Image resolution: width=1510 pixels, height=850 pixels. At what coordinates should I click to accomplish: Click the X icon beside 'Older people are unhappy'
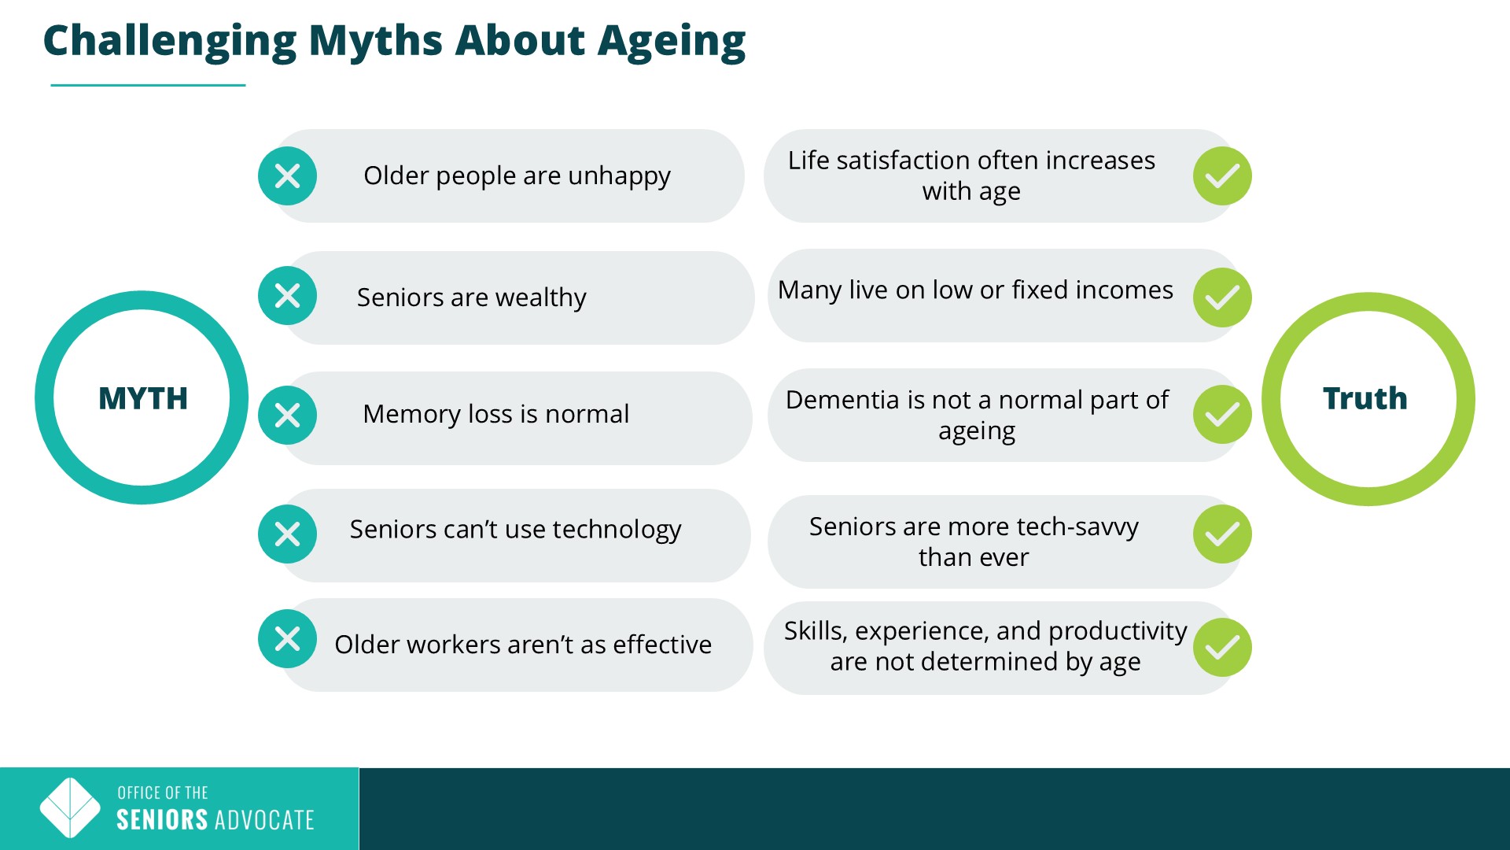coord(287,176)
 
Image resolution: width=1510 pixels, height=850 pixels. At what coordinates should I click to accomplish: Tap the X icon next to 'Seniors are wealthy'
coord(287,296)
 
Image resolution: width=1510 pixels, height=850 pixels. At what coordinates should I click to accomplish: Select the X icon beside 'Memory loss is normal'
coord(287,415)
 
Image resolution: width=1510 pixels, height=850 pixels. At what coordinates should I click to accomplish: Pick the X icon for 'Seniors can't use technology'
coord(287,534)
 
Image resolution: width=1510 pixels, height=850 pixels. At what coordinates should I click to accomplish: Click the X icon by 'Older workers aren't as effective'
coord(287,639)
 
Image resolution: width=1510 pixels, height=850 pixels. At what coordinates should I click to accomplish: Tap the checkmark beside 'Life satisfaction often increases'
coord(1222,176)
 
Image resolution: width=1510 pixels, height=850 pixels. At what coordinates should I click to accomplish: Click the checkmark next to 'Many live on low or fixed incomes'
coord(1222,297)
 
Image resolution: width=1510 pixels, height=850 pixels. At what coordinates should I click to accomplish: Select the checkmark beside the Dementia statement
coord(1222,415)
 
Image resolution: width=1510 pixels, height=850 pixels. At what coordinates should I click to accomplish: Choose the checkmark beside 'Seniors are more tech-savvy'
coord(1222,534)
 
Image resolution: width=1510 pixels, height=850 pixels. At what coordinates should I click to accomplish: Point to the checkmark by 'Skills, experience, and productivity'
coord(1222,648)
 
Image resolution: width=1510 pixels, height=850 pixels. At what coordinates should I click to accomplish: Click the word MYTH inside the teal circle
coord(143,399)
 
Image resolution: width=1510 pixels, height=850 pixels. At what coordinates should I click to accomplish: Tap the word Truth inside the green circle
coord(1365,399)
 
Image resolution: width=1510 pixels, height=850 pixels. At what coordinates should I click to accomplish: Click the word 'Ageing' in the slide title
coord(672,42)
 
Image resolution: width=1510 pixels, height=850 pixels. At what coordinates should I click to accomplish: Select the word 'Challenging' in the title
coord(170,42)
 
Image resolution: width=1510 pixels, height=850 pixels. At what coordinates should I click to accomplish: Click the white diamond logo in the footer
coord(70,808)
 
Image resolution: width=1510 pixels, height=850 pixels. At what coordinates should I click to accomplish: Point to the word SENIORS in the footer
coord(162,820)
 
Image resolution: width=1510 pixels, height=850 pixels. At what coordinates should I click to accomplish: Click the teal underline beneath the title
coord(148,85)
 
